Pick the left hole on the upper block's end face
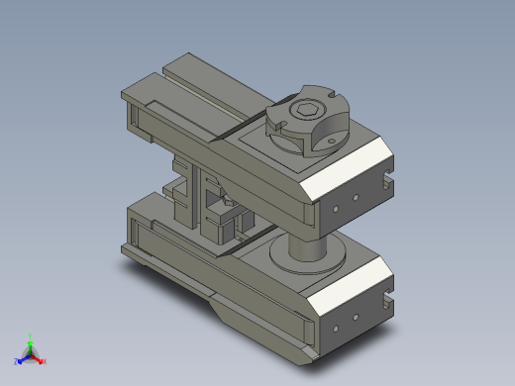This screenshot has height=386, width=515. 338,210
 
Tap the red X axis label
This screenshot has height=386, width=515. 44,361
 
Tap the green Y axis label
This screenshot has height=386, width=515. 31,338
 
